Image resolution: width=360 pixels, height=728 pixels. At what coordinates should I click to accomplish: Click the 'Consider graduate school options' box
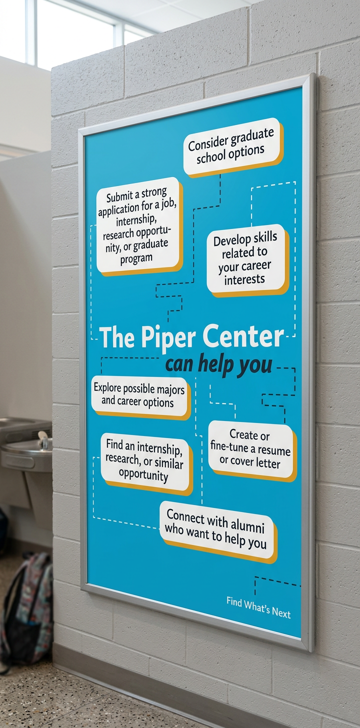point(231,146)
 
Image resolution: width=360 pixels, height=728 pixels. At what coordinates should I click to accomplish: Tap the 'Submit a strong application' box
point(138,226)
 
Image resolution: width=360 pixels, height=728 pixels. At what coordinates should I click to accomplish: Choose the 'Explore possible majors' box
point(139,395)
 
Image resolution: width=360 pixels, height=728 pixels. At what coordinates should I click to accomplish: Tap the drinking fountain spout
point(43,438)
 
